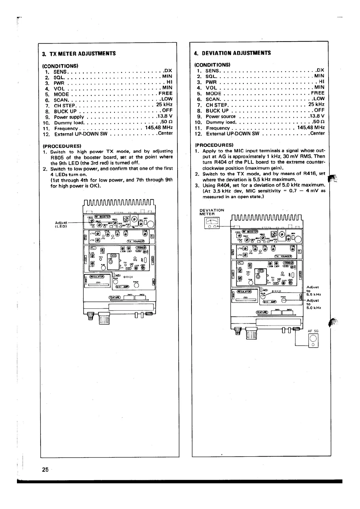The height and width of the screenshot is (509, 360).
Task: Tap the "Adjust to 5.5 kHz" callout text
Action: (x=313, y=291)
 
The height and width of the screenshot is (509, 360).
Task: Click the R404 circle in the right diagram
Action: (x=284, y=300)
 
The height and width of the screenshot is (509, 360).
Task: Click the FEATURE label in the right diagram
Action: (x=262, y=312)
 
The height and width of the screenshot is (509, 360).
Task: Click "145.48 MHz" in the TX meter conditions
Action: (x=159, y=128)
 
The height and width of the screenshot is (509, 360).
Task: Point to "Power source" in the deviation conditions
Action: (x=221, y=116)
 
